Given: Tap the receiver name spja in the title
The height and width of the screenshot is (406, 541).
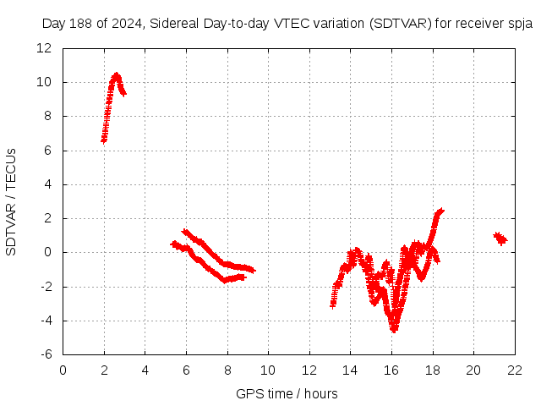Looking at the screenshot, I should tap(517, 24).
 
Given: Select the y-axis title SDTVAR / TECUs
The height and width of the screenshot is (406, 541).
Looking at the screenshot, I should tap(11, 201).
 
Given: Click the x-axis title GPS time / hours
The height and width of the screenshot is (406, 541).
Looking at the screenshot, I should tap(287, 393).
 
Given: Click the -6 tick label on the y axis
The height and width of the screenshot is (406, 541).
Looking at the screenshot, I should tap(47, 354).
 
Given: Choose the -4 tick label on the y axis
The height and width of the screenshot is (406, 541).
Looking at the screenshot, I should tap(47, 321).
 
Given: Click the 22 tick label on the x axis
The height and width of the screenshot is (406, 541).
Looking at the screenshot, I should tap(514, 370).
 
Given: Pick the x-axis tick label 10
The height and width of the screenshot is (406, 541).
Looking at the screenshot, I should tap(268, 370).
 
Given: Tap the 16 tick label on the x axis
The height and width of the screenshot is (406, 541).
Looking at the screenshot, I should tap(391, 370).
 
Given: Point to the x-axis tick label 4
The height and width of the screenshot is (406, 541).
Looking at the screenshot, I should tap(145, 370).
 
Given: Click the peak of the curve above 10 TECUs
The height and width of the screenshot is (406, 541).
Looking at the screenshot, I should tap(116, 75).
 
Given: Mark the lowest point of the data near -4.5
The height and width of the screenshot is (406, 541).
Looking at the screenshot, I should tap(394, 329).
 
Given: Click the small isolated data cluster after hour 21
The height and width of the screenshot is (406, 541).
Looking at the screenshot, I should tap(500, 239).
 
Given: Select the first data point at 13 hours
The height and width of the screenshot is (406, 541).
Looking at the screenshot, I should tap(333, 304).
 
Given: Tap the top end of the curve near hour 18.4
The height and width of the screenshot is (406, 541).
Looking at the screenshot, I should tap(440, 211).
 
